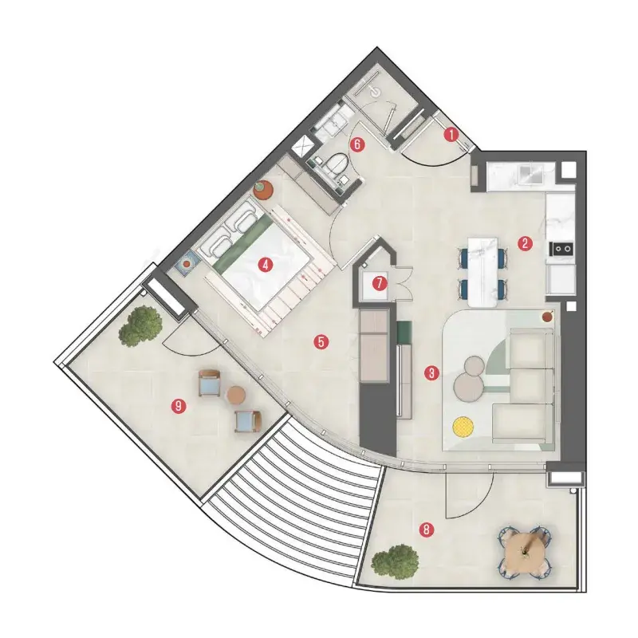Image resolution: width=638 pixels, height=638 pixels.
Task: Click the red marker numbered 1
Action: pyautogui.click(x=451, y=134)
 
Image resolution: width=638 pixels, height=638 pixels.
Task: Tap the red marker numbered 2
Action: pyautogui.click(x=525, y=243)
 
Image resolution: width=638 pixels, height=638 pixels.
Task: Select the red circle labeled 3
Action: pyautogui.click(x=431, y=372)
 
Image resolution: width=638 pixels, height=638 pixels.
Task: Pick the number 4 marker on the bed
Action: pyautogui.click(x=266, y=266)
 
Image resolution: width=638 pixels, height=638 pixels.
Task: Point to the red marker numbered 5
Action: pyautogui.click(x=321, y=342)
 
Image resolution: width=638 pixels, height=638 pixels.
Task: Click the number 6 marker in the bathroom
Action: pyautogui.click(x=357, y=144)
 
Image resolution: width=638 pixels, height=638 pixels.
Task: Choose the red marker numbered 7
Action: pyautogui.click(x=380, y=283)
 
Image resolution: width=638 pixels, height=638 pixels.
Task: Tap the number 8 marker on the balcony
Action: pyautogui.click(x=427, y=530)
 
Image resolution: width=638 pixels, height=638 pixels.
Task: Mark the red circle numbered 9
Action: pyautogui.click(x=179, y=406)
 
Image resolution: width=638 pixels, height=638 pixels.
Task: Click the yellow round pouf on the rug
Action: pyautogui.click(x=463, y=426)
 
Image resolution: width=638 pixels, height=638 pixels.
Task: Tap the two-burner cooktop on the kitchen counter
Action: pyautogui.click(x=561, y=248)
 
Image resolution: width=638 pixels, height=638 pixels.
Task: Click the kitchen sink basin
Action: pyautogui.click(x=530, y=172)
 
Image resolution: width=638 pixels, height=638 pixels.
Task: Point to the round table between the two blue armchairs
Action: pyautogui.click(x=235, y=395)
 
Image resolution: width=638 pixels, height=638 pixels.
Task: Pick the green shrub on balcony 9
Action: pyautogui.click(x=140, y=327)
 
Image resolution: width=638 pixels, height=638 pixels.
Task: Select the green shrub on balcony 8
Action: pyautogui.click(x=395, y=562)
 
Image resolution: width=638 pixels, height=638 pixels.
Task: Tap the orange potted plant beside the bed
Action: pyautogui.click(x=262, y=189)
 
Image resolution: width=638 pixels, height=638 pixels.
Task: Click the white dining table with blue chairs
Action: pyautogui.click(x=483, y=272)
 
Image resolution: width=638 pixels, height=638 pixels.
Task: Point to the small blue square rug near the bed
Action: pyautogui.click(x=187, y=265)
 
